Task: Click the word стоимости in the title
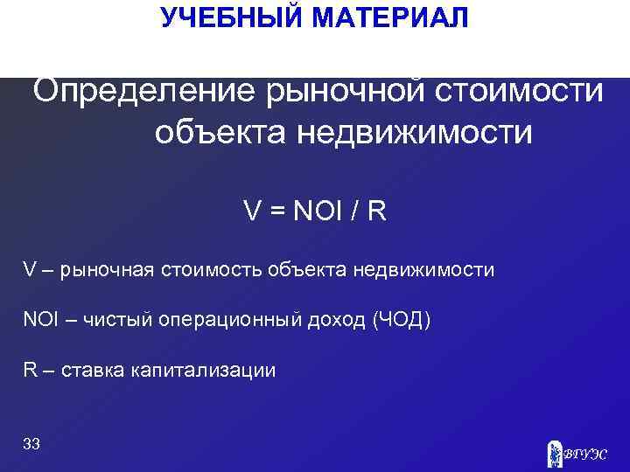(x=521, y=91)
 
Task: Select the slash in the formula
(x=357, y=212)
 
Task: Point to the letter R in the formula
(x=377, y=212)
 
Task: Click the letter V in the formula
(x=252, y=212)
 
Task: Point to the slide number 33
(x=31, y=444)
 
